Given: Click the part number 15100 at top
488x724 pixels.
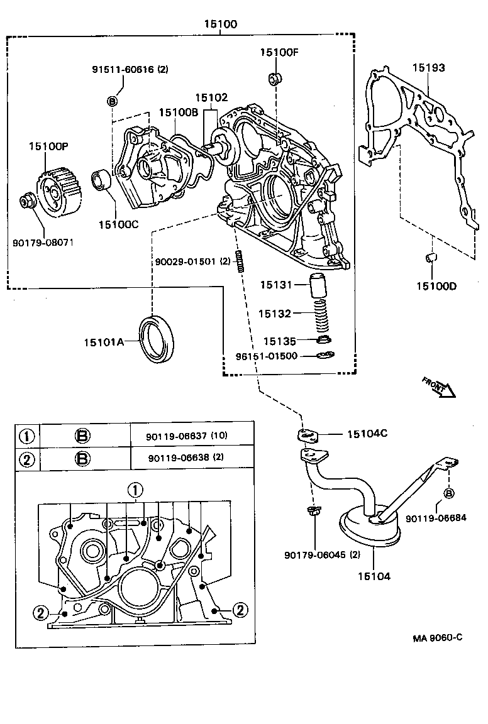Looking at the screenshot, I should click(220, 25).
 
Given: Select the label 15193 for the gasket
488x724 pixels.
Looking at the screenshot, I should click(428, 67).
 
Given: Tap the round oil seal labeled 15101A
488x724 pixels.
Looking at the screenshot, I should click(158, 339).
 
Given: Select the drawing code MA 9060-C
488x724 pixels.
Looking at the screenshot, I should click(438, 637).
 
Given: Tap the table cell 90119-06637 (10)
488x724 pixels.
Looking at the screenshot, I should click(188, 436).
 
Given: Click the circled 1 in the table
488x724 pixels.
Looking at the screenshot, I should click(26, 436).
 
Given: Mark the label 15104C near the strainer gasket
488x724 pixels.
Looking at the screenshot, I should click(367, 434).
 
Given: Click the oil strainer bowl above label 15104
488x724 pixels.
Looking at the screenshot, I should click(370, 528).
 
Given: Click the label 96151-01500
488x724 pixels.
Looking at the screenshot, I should click(275, 356).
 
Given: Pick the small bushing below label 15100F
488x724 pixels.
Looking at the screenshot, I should click(275, 79).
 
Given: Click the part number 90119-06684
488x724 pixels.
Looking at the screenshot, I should click(436, 518).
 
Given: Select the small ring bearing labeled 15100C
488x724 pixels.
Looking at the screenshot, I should click(101, 180).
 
